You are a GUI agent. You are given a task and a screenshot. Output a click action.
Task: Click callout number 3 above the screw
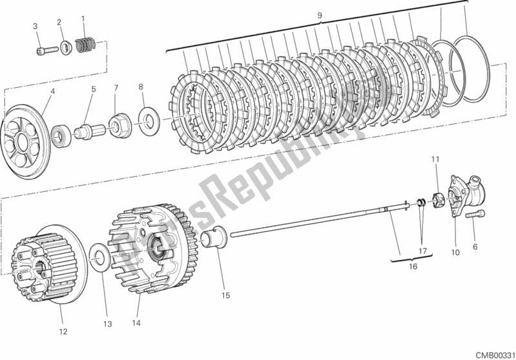coord(37,26)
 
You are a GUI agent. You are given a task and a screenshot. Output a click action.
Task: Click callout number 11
coord(435,159)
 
